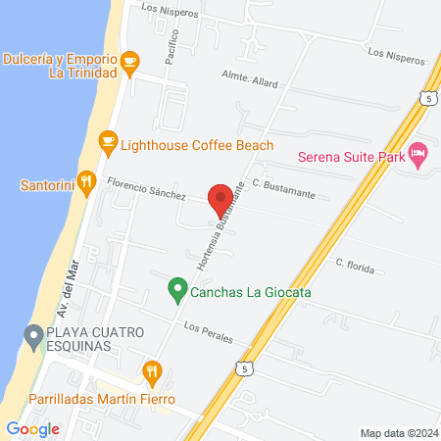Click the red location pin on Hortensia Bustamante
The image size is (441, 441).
220,197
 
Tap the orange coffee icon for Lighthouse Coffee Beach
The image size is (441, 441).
109,144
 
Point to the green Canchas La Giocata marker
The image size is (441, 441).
177,289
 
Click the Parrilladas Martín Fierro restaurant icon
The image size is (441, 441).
151,371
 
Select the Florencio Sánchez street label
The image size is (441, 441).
147,187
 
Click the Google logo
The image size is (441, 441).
32,428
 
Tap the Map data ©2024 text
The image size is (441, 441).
397,433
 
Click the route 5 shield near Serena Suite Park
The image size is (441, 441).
426,98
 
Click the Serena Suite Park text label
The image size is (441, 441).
350,155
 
